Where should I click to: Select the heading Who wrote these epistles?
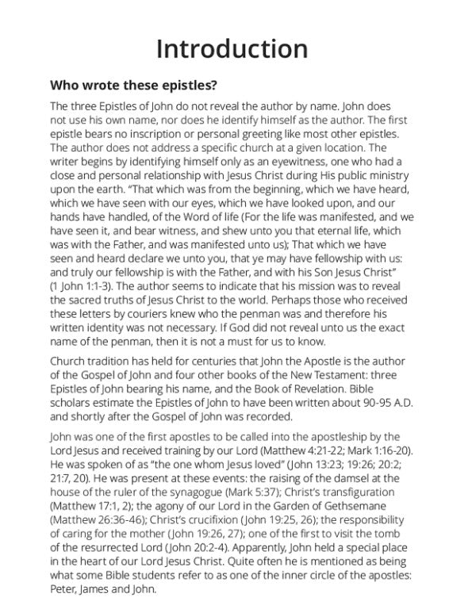[x=133, y=85]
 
